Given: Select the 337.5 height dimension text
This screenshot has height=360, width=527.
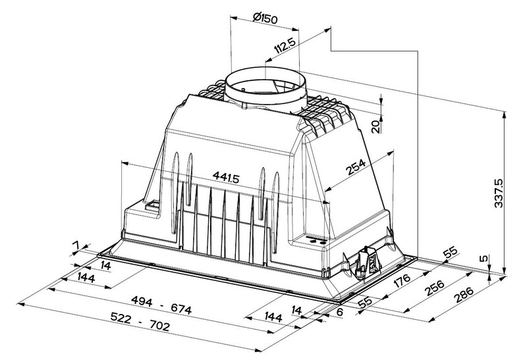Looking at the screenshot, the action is (x=499, y=193).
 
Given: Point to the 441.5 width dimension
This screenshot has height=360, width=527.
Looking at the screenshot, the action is (x=226, y=177).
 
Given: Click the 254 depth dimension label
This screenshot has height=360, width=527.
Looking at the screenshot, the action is (x=356, y=167).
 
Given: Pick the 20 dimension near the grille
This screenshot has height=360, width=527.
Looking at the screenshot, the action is (x=376, y=126).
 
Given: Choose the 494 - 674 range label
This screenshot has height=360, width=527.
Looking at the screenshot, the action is (x=161, y=304).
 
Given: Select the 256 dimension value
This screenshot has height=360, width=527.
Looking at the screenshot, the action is (x=434, y=288).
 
